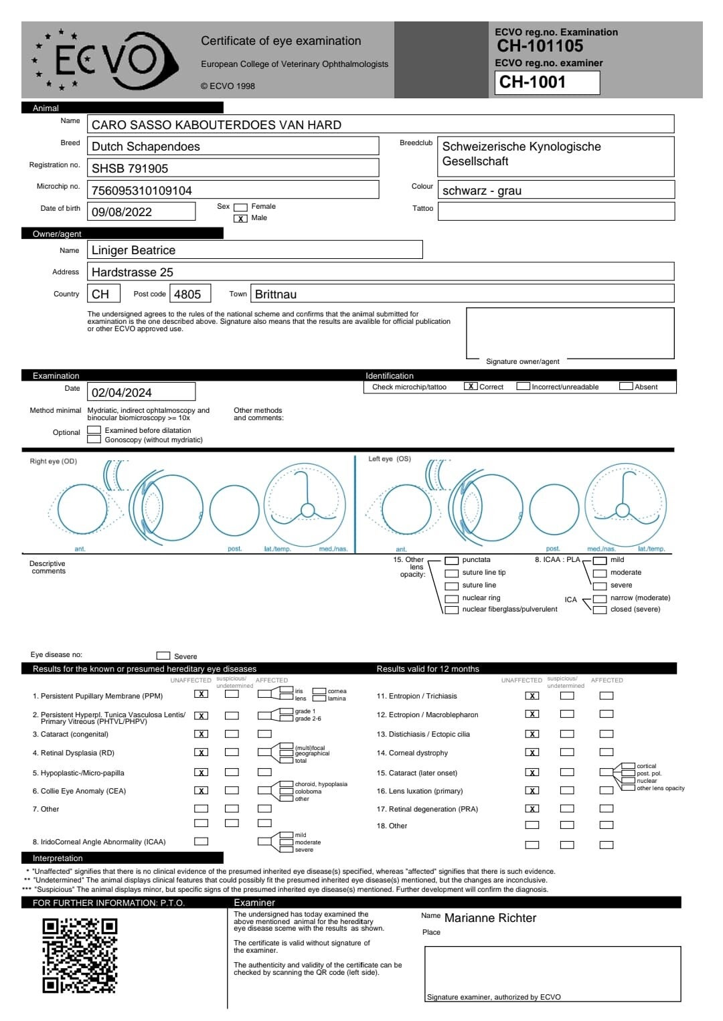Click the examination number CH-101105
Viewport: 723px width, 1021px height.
[x=540, y=46]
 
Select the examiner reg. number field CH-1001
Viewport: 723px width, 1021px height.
[x=547, y=82]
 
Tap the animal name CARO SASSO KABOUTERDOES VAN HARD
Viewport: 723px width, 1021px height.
[x=216, y=125]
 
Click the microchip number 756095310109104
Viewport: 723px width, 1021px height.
[x=142, y=191]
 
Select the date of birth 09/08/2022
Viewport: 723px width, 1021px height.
[x=122, y=212]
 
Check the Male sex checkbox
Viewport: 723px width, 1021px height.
[x=240, y=218]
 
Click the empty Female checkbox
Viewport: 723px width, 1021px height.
[x=240, y=207]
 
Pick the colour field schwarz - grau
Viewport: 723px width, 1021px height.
[x=482, y=191]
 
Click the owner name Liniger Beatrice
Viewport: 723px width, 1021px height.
[x=134, y=250]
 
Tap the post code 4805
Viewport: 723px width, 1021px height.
[x=187, y=294]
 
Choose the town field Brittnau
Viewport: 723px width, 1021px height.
[x=276, y=294]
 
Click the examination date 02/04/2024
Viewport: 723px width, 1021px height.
[x=122, y=393]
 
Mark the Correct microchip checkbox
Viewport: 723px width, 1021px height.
[x=471, y=387]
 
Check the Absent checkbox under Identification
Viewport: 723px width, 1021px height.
[x=626, y=387]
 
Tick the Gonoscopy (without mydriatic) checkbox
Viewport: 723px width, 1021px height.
[x=94, y=440]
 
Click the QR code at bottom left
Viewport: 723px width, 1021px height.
[x=80, y=955]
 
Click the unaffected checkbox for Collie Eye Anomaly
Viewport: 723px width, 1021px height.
[x=201, y=791]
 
